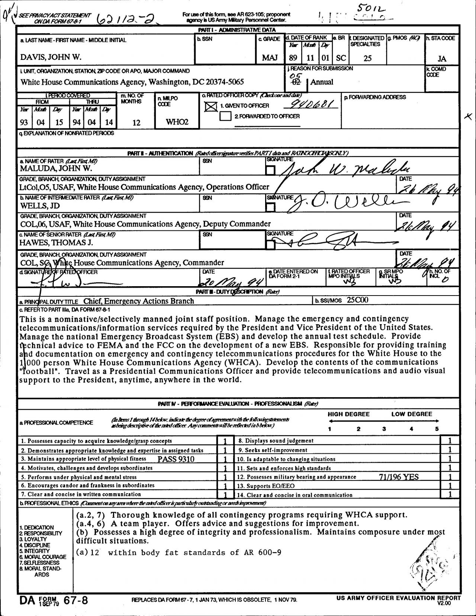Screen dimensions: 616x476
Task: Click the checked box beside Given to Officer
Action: click(x=211, y=107)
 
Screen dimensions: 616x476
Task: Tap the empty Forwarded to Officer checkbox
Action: click(x=225, y=117)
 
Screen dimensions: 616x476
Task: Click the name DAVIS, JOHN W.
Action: click(x=51, y=57)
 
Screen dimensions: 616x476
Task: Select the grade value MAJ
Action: click(x=270, y=58)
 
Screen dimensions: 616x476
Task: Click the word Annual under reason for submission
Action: click(x=322, y=82)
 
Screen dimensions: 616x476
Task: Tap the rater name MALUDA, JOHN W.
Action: click(x=56, y=168)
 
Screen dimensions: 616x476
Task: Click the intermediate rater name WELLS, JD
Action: click(x=40, y=206)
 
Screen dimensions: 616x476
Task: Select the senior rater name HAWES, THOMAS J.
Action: click(x=56, y=243)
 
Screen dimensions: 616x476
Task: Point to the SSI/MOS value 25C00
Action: click(x=357, y=300)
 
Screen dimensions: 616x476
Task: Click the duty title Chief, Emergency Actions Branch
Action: click(x=138, y=301)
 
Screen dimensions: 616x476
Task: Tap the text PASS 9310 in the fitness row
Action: click(x=176, y=459)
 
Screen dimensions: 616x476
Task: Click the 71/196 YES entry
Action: click(x=399, y=477)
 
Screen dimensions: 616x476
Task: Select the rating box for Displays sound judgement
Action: click(x=450, y=441)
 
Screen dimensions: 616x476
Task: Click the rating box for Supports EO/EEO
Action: click(x=450, y=485)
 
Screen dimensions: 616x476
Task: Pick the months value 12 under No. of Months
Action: click(x=136, y=122)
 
